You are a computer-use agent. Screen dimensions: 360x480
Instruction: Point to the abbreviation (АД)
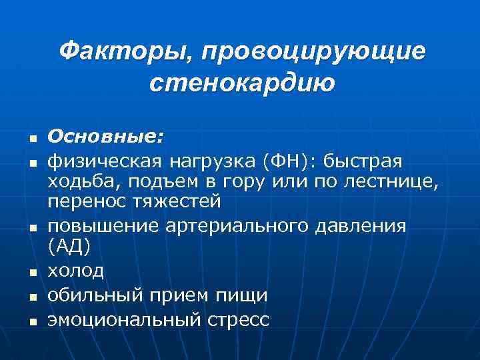(x=68, y=245)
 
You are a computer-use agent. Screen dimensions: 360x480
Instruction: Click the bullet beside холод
(x=31, y=272)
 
